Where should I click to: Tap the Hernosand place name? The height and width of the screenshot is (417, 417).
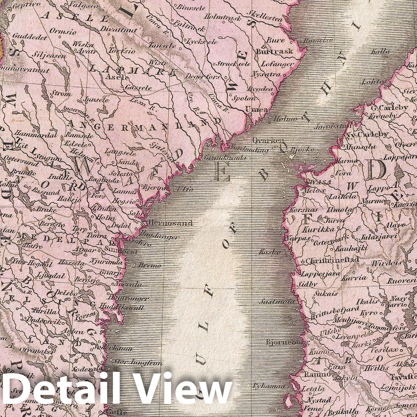tap(168, 223)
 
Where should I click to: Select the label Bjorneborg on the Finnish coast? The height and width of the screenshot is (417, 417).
tap(283, 342)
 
